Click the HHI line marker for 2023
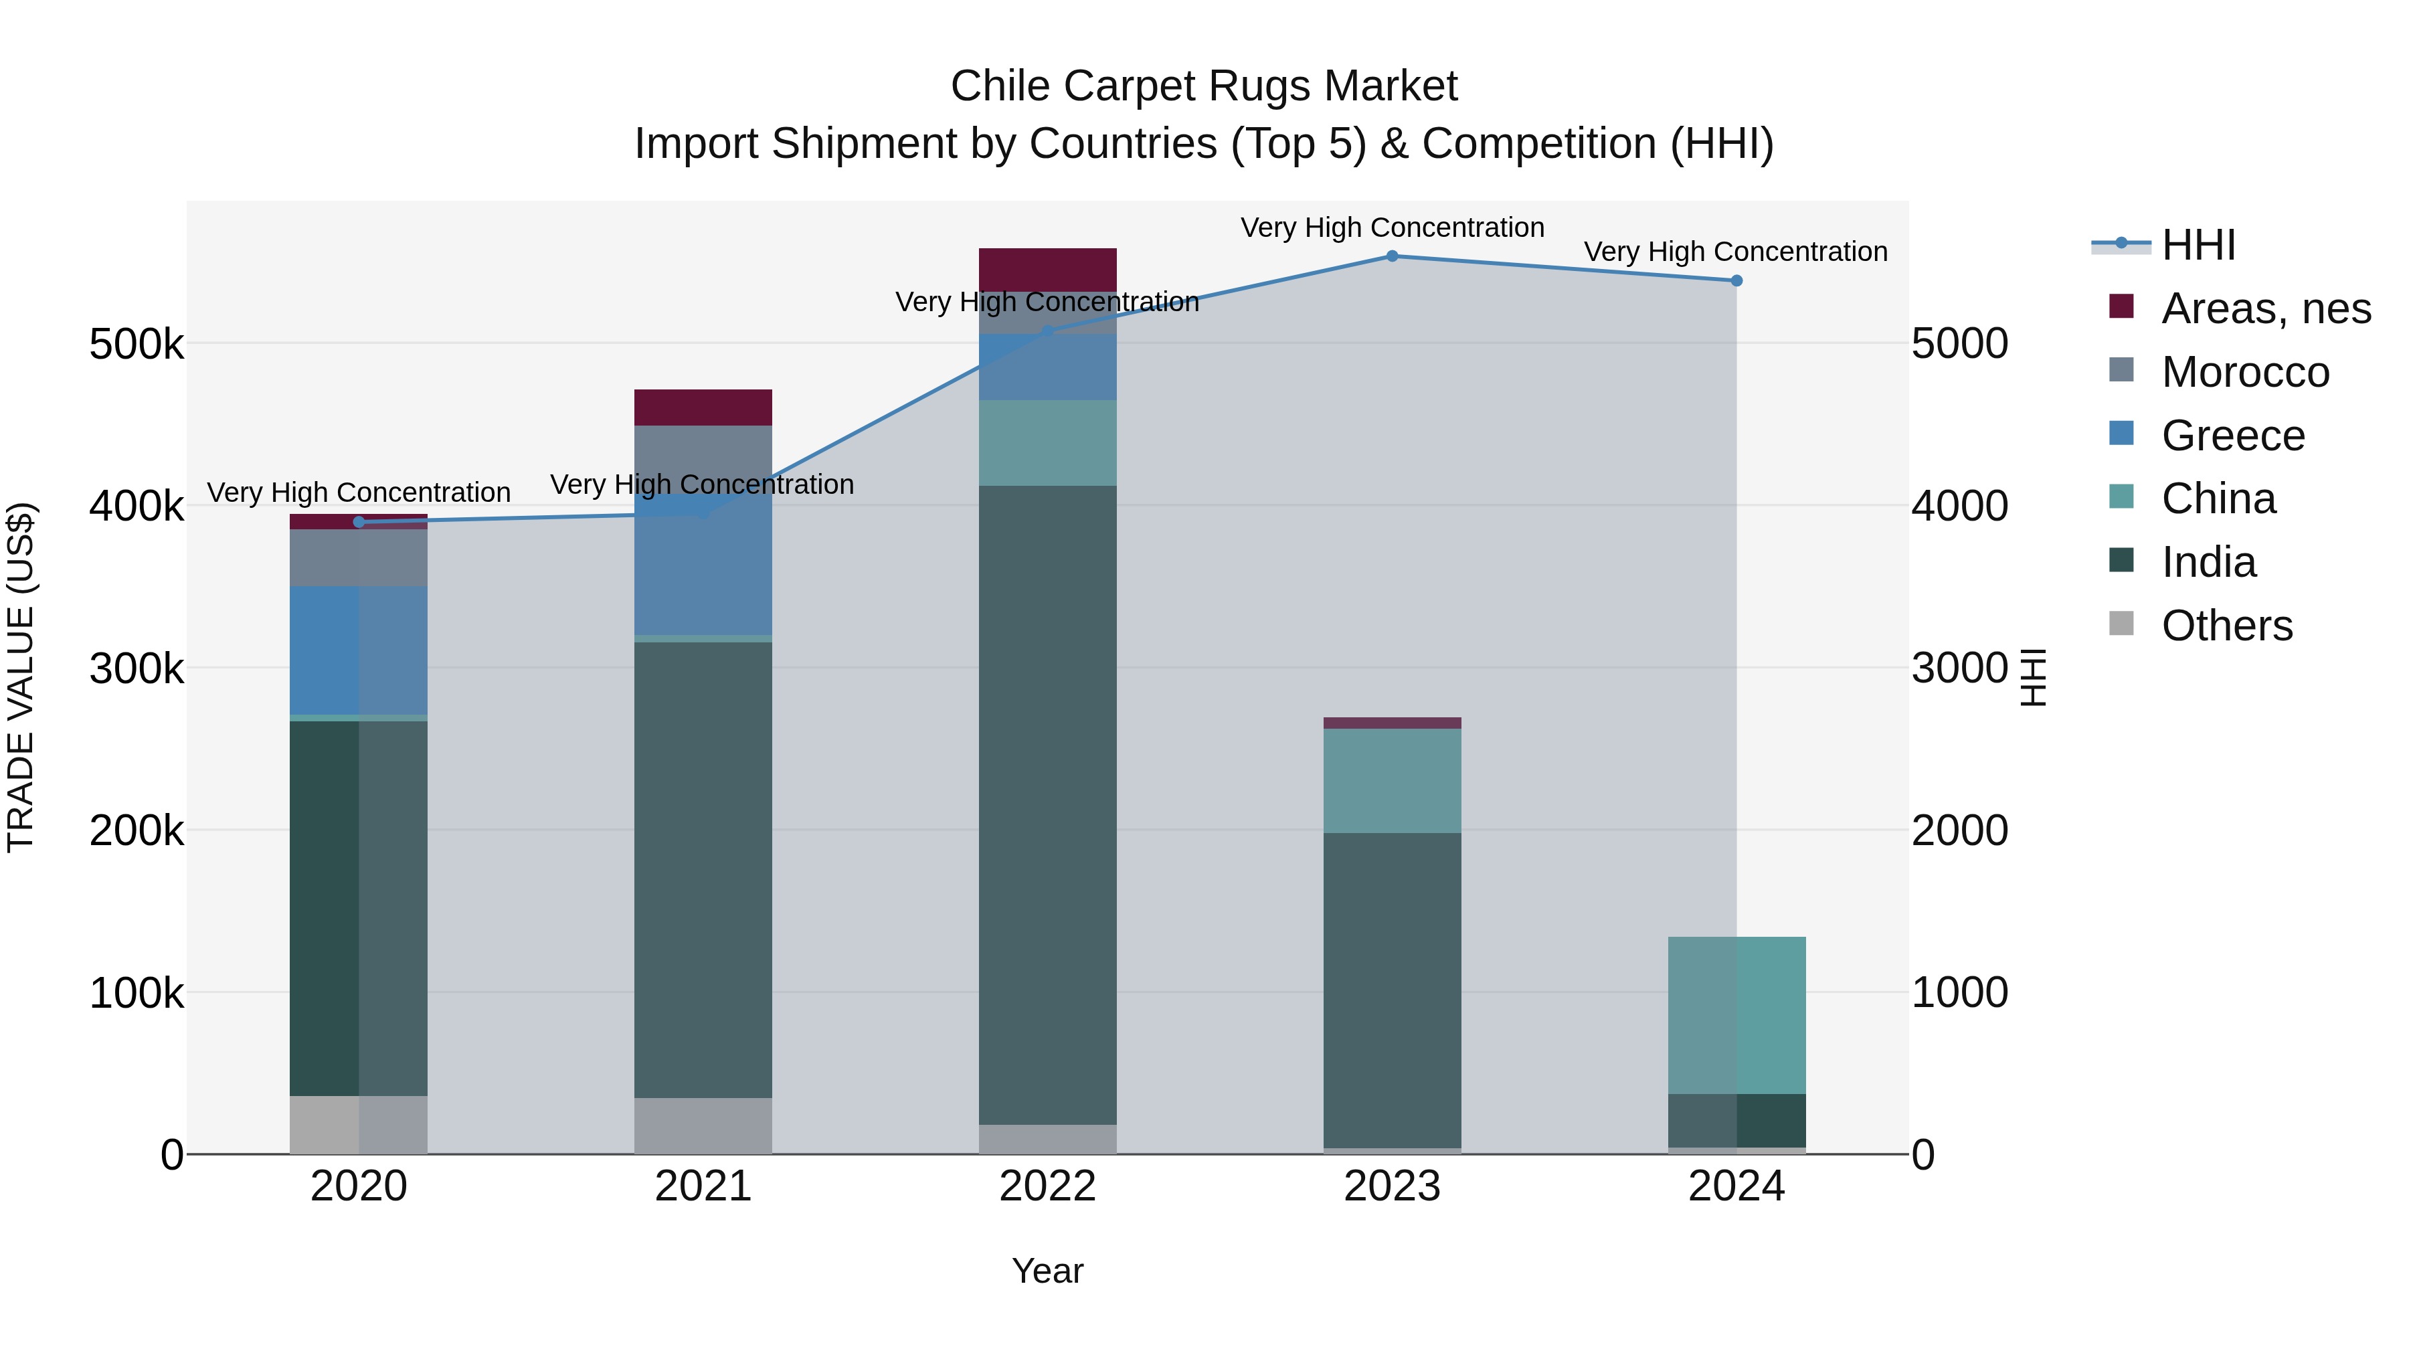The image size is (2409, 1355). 1392,256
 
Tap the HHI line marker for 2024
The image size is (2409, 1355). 1736,280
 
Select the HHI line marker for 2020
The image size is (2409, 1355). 359,522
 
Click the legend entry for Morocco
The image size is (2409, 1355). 2244,372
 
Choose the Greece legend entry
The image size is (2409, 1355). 2232,436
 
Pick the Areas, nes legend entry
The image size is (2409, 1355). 2265,308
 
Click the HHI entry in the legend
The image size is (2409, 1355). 2198,245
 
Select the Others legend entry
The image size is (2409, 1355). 2226,626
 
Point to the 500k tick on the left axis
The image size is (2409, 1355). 137,344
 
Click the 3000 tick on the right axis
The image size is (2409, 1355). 1959,668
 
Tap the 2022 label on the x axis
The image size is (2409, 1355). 1047,1186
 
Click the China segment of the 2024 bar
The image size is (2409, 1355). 1736,1014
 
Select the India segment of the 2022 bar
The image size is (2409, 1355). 1047,804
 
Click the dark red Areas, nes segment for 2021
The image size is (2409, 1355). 703,408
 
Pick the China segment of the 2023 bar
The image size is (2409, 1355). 1392,781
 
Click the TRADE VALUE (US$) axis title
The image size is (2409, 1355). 21,677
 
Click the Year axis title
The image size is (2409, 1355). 1047,1271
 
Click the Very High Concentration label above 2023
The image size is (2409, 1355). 1392,228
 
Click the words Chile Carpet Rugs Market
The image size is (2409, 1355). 1204,86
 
